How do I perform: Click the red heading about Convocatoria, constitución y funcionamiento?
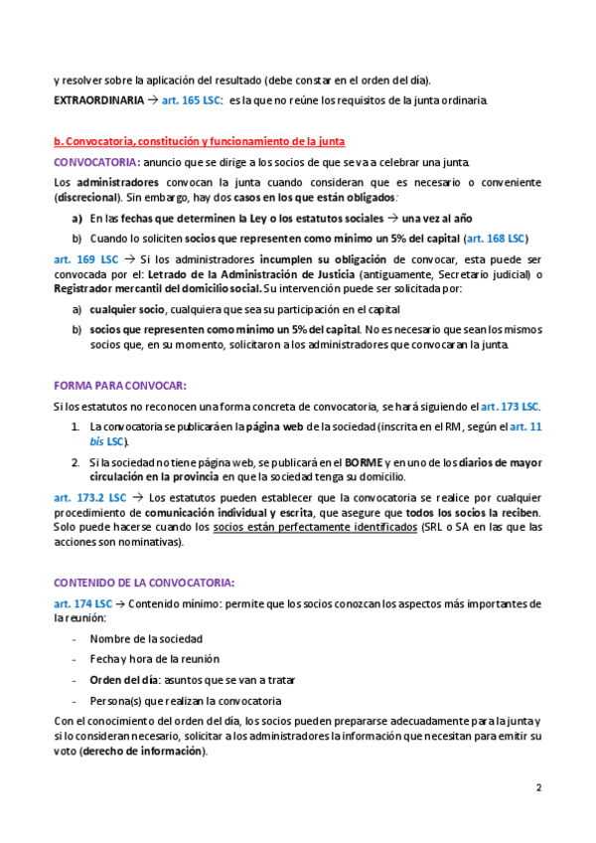199,143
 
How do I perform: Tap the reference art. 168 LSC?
497,239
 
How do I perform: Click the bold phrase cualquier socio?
125,310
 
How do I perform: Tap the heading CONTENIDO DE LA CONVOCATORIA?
144,583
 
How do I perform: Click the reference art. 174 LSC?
82,603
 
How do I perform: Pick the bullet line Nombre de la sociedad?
146,638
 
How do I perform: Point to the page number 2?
539,789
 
